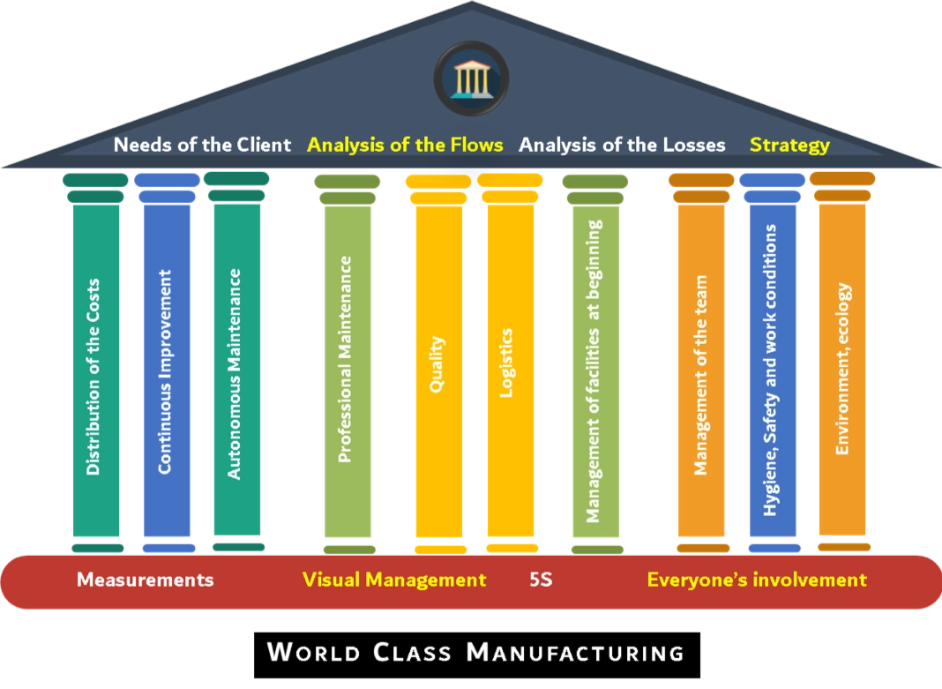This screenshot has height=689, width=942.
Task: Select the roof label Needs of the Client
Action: pyautogui.click(x=202, y=145)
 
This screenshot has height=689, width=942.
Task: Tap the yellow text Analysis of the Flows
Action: pyautogui.click(x=405, y=145)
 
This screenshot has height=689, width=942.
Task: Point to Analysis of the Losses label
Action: pyautogui.click(x=622, y=145)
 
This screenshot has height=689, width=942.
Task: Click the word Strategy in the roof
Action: pyautogui.click(x=789, y=145)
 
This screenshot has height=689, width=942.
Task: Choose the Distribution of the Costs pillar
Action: pyautogui.click(x=94, y=371)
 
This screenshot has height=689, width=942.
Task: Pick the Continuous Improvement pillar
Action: pyautogui.click(x=166, y=371)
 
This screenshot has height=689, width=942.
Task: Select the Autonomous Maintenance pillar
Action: pyautogui.click(x=235, y=371)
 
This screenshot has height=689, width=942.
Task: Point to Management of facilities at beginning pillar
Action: pyautogui.click(x=594, y=371)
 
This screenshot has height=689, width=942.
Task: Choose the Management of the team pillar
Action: pyautogui.click(x=701, y=371)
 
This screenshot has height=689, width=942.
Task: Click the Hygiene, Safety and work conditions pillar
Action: pyautogui.click(x=772, y=371)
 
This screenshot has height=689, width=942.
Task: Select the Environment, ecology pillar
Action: pyautogui.click(x=843, y=371)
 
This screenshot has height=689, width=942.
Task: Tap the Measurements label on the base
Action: pyautogui.click(x=145, y=580)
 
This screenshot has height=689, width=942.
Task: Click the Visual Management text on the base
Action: pyautogui.click(x=394, y=580)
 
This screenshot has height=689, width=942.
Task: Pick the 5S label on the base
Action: pyautogui.click(x=541, y=580)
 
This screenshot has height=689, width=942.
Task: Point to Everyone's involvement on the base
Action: pyautogui.click(x=757, y=580)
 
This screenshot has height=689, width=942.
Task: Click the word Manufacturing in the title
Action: pyautogui.click(x=575, y=653)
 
